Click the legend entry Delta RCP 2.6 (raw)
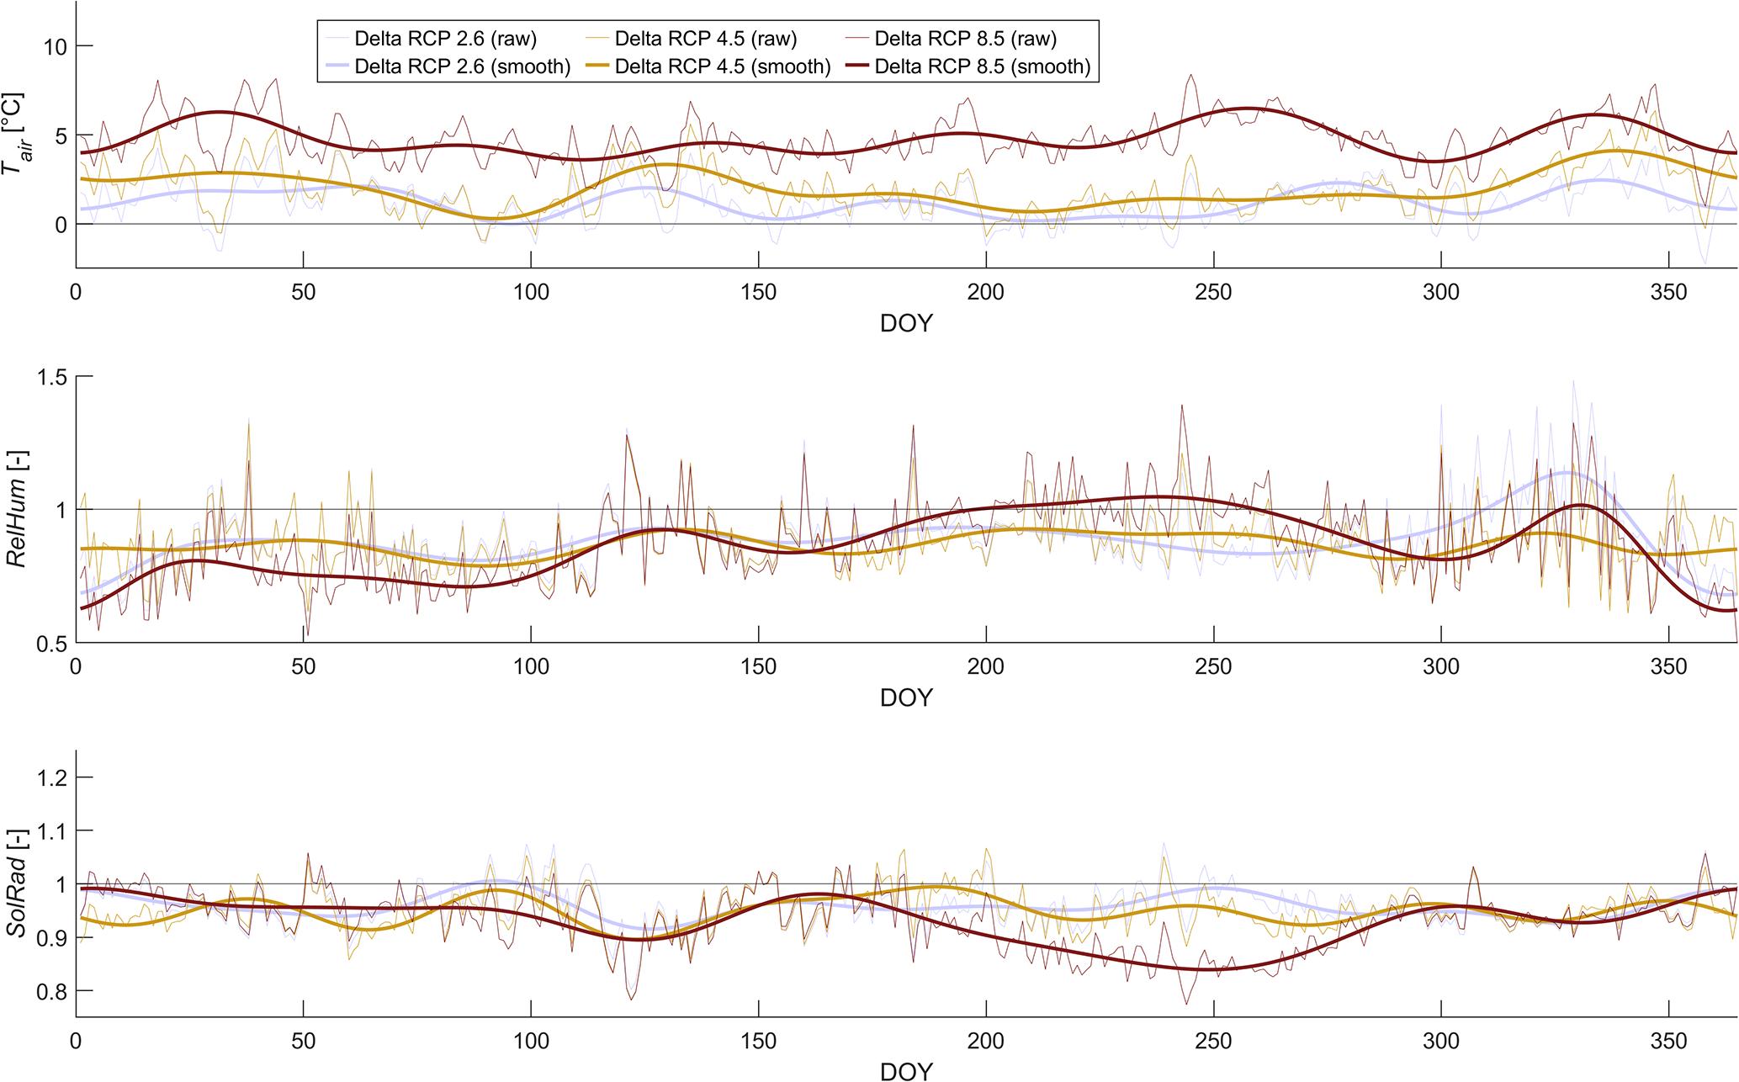point(445,39)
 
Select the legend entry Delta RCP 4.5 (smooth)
point(722,66)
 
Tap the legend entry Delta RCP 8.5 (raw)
point(965,39)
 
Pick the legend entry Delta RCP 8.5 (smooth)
point(982,66)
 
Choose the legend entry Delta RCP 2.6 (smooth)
point(462,66)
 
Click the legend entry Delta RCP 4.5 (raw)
point(705,39)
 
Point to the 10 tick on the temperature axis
point(55,46)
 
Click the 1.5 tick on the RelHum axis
point(52,378)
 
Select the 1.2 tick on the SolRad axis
point(52,777)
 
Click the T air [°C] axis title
point(13,135)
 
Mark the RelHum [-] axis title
point(17,509)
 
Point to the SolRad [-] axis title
point(17,883)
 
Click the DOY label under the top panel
point(906,323)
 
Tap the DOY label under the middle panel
point(906,697)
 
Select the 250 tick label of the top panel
point(1213,293)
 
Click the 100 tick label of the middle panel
point(531,667)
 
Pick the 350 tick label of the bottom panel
point(1668,1042)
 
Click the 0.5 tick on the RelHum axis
point(52,644)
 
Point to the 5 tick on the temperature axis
point(60,135)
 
